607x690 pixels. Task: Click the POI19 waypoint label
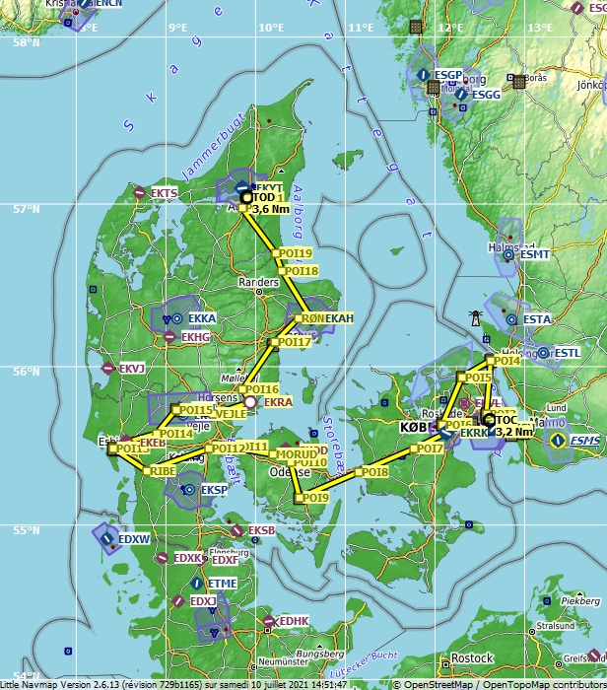click(x=297, y=253)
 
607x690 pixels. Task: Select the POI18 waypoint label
click(x=303, y=271)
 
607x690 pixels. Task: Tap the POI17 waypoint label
click(x=294, y=342)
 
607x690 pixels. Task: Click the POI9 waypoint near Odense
click(x=314, y=499)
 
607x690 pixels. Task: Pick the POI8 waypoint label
click(x=374, y=473)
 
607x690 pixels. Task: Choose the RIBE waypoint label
click(x=162, y=472)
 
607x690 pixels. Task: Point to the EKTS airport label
click(x=165, y=193)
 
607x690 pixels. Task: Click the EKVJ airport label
click(x=132, y=369)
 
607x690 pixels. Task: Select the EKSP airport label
click(x=214, y=490)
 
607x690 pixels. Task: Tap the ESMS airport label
click(x=586, y=441)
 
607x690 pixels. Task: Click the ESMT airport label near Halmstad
click(x=535, y=254)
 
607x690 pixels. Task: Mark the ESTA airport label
click(x=537, y=319)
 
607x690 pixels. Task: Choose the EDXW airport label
click(x=134, y=539)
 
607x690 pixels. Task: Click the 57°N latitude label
click(x=27, y=209)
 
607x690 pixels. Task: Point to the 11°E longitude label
click(x=361, y=27)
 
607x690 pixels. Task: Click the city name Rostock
click(x=470, y=659)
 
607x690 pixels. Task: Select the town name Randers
click(x=259, y=282)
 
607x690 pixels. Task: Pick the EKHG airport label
click(x=196, y=337)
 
